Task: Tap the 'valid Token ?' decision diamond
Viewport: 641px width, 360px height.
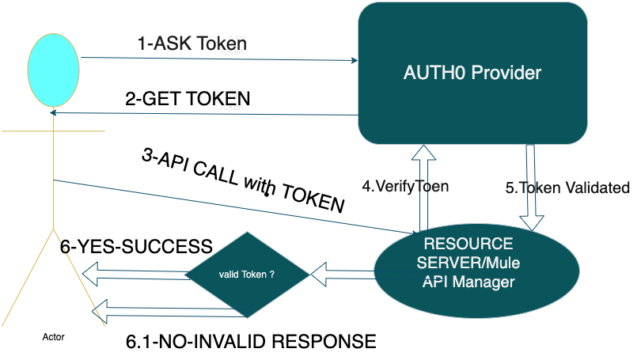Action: (x=246, y=275)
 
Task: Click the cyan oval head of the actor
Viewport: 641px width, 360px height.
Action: (x=53, y=66)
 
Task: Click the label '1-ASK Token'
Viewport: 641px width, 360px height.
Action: (x=192, y=44)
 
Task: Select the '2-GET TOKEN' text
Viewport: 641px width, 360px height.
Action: (x=188, y=100)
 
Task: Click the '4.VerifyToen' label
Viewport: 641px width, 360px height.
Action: (x=405, y=188)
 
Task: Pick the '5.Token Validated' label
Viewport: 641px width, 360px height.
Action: (x=567, y=188)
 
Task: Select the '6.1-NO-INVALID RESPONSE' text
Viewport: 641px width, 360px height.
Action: (x=251, y=343)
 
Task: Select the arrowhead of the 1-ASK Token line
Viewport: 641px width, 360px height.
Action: (x=351, y=59)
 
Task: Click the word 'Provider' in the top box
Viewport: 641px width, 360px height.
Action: (x=506, y=73)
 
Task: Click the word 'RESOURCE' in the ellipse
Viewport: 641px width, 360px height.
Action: (x=468, y=244)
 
